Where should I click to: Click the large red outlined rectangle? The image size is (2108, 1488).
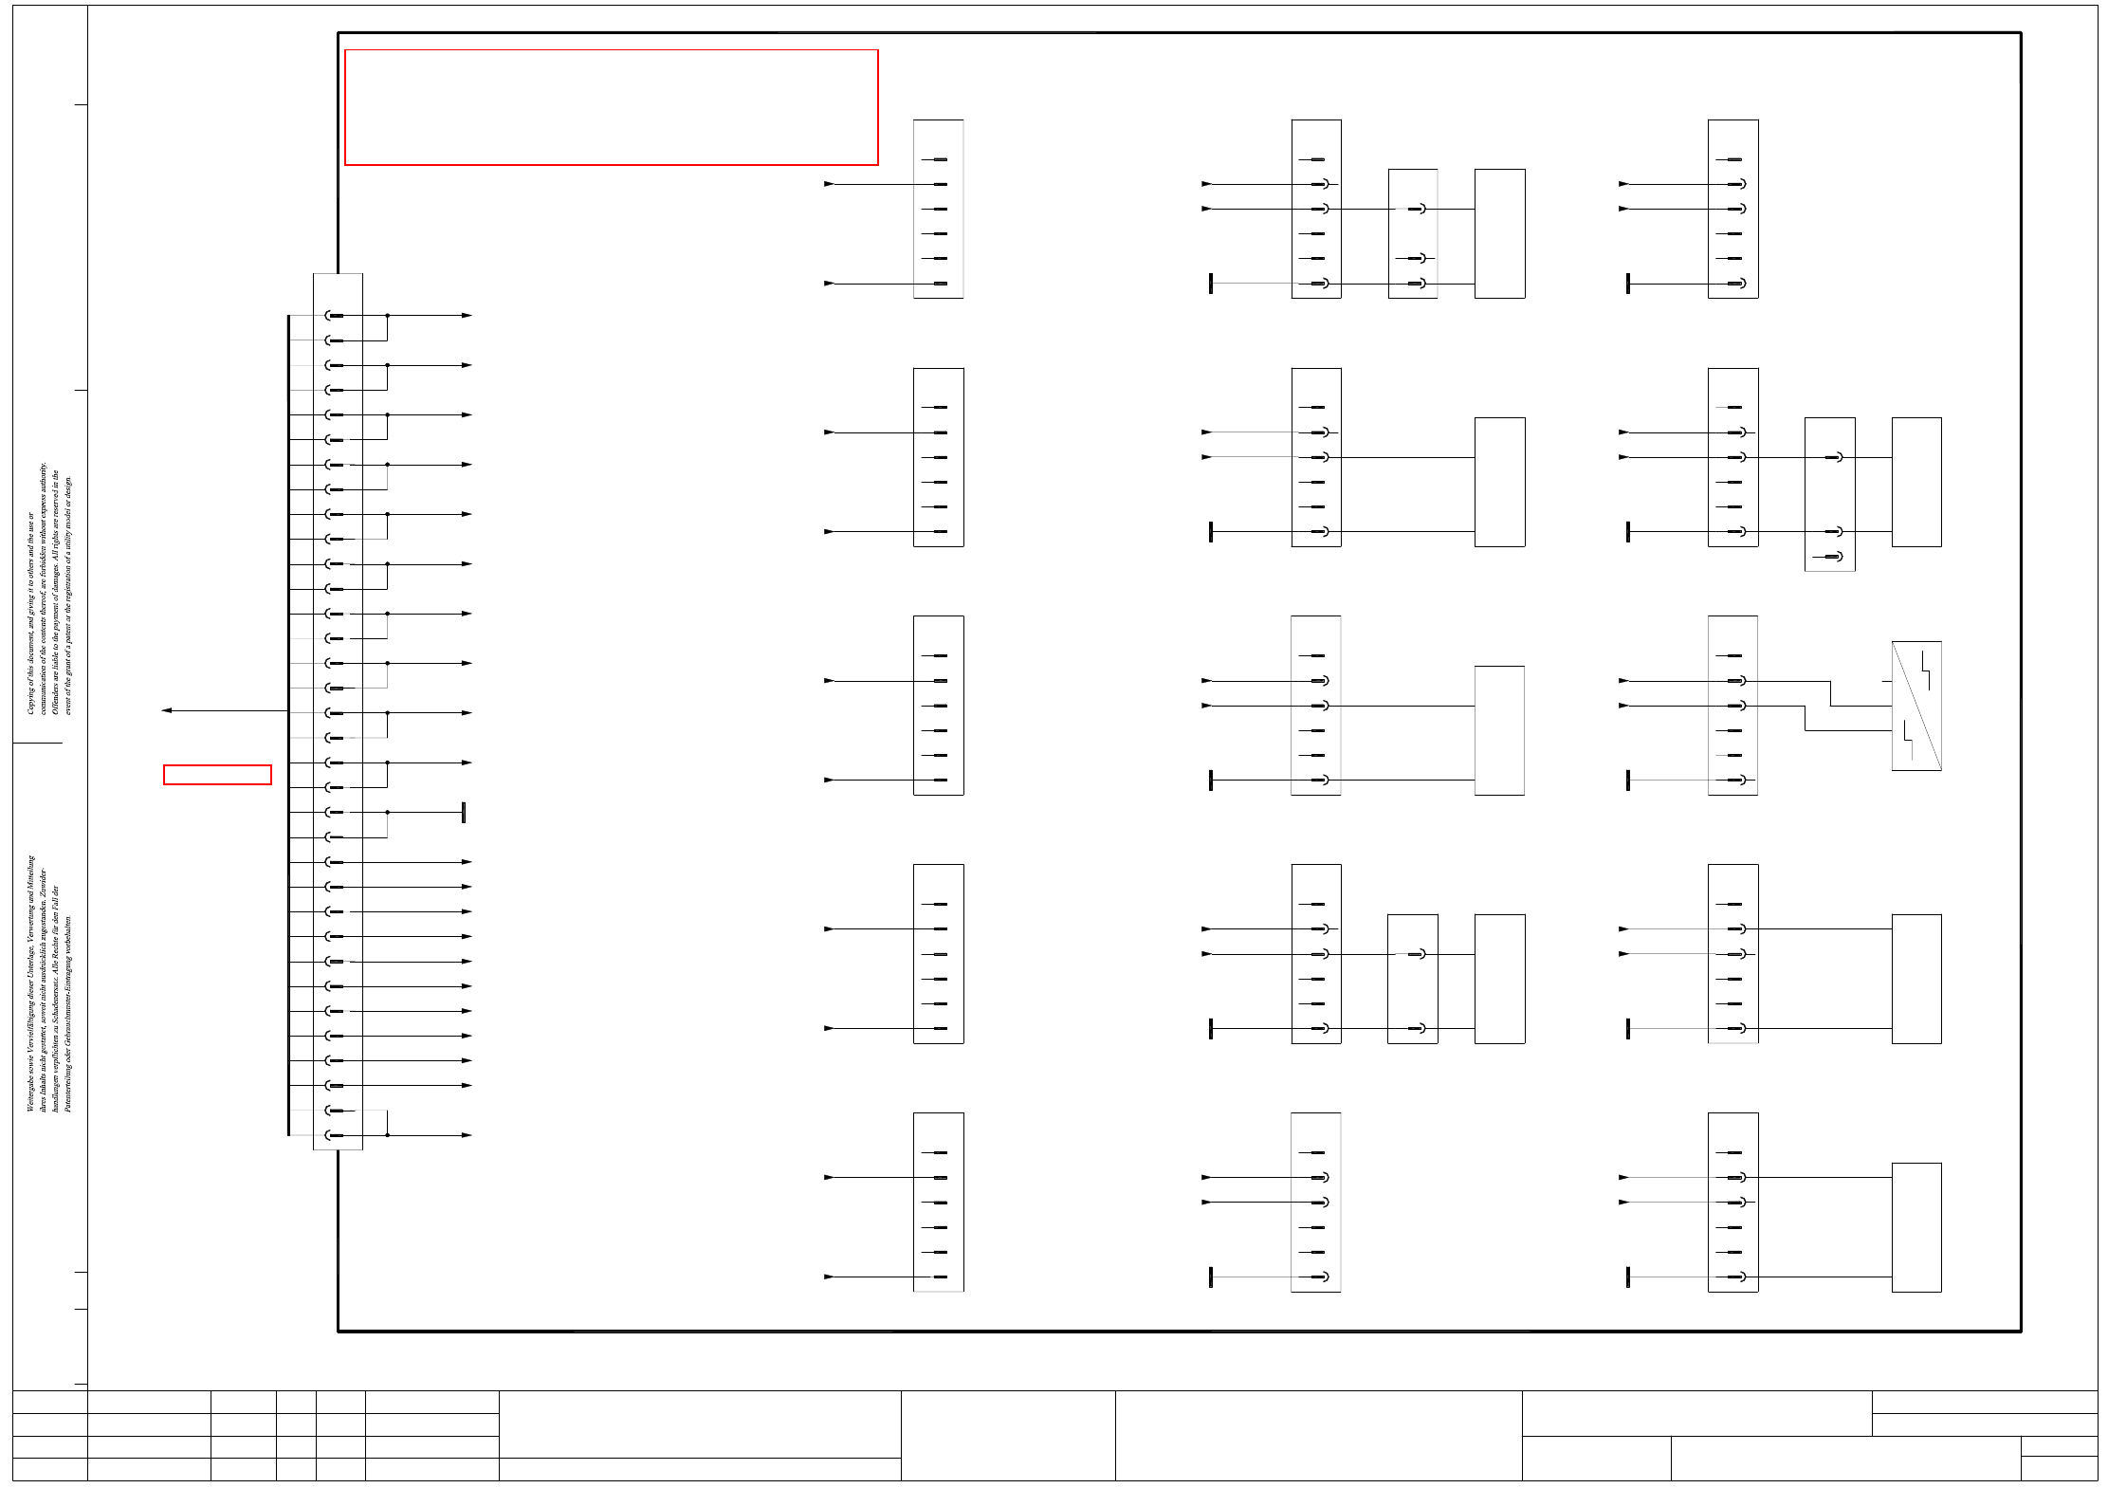pyautogui.click(x=611, y=107)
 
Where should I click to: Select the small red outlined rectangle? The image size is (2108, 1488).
pyautogui.click(x=217, y=775)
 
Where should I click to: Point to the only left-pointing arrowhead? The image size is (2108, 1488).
pyautogui.click(x=167, y=710)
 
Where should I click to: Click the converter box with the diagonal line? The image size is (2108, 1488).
pyautogui.click(x=1916, y=706)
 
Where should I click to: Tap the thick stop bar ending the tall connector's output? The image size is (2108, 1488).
pyautogui.click(x=463, y=813)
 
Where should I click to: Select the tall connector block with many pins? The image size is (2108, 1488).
pyautogui.click(x=338, y=711)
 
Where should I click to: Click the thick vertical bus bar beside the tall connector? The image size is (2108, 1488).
pyautogui.click(x=288, y=726)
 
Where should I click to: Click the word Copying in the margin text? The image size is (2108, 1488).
pyautogui.click(x=30, y=696)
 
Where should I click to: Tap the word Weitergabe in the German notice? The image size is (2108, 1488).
pyautogui.click(x=30, y=1092)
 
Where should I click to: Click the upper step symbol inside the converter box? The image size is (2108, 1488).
pyautogui.click(x=1925, y=670)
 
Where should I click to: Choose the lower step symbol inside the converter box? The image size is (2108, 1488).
pyautogui.click(x=1908, y=741)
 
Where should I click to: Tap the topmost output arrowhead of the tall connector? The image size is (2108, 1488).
pyautogui.click(x=467, y=315)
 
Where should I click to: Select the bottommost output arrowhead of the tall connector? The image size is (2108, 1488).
pyautogui.click(x=467, y=1135)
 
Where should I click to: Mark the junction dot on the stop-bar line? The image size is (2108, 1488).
pyautogui.click(x=387, y=813)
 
